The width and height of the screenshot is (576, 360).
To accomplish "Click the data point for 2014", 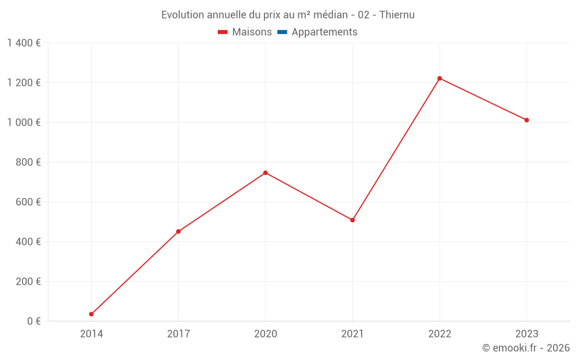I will pyautogui.click(x=92, y=314).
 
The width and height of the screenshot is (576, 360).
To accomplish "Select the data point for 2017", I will pyautogui.click(x=179, y=232).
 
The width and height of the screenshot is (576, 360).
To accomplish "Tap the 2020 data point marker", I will pyautogui.click(x=266, y=173).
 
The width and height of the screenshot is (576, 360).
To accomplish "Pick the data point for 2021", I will pyautogui.click(x=353, y=220).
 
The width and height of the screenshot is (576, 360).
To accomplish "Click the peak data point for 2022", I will pyautogui.click(x=439, y=78).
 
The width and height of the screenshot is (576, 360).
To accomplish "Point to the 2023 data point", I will pyautogui.click(x=526, y=120).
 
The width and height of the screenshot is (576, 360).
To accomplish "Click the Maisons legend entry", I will pyautogui.click(x=252, y=32).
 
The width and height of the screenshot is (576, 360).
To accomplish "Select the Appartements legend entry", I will pyautogui.click(x=324, y=32).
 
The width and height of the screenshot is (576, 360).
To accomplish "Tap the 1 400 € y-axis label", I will pyautogui.click(x=24, y=43).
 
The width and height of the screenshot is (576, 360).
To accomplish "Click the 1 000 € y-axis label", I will pyautogui.click(x=24, y=122).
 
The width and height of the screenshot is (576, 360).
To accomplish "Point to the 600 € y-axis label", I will pyautogui.click(x=28, y=202).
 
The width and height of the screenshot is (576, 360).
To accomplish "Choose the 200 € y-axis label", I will pyautogui.click(x=28, y=282).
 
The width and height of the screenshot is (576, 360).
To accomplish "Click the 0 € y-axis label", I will pyautogui.click(x=34, y=321).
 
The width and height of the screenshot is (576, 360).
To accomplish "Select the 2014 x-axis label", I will pyautogui.click(x=92, y=334).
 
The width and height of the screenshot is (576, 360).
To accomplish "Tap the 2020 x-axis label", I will pyautogui.click(x=266, y=334).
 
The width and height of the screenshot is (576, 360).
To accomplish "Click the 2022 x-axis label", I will pyautogui.click(x=439, y=334).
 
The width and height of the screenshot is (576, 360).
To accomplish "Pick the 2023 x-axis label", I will pyautogui.click(x=526, y=334).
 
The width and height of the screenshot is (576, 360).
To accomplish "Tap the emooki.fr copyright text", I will pyautogui.click(x=526, y=348).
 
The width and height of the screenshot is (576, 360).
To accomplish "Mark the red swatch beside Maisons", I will pyautogui.click(x=223, y=32).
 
